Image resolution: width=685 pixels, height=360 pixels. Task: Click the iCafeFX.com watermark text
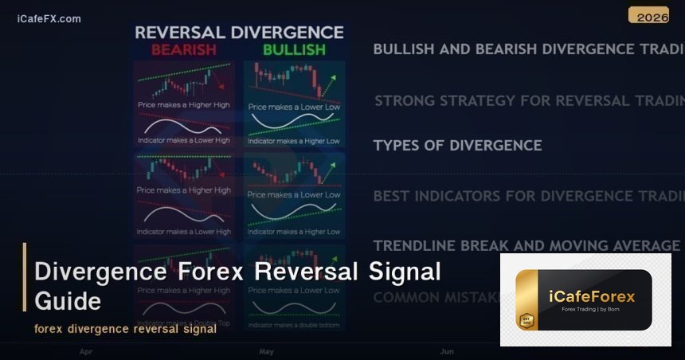(49, 18)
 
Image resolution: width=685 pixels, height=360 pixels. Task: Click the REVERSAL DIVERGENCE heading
(238, 33)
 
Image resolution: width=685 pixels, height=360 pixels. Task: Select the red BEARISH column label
(183, 50)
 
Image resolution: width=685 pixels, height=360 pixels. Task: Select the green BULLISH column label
(294, 50)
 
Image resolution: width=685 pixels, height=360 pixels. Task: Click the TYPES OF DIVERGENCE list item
(457, 145)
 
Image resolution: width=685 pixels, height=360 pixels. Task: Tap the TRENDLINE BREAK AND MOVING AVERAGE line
(526, 245)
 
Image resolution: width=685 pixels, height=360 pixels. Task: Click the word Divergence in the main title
(100, 272)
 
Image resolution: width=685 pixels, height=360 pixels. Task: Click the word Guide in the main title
(68, 301)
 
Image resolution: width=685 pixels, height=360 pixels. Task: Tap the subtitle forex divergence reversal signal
(125, 329)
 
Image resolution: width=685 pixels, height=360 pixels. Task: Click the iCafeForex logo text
(592, 296)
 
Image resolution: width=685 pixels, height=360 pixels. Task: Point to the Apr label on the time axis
(86, 350)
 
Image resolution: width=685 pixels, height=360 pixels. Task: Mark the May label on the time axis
(266, 350)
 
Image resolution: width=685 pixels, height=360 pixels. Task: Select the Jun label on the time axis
(447, 350)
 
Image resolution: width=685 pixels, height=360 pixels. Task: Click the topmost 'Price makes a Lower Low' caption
(294, 106)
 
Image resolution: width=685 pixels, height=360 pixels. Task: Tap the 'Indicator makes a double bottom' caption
(294, 325)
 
